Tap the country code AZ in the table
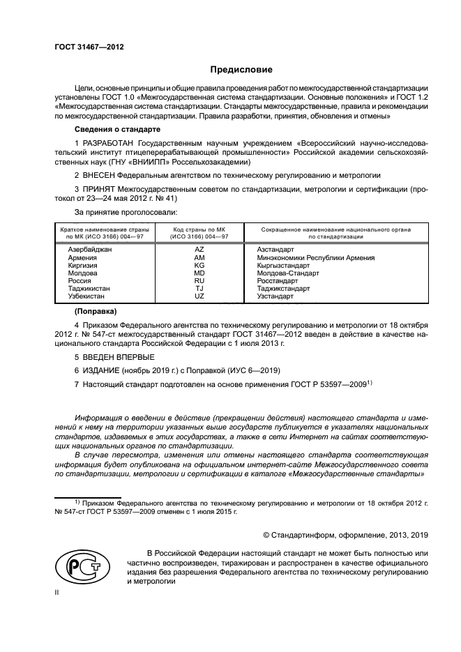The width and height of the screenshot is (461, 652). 199,249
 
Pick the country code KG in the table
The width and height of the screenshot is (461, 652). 199,266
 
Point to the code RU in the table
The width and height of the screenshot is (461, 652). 199,281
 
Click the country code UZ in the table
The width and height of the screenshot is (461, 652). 199,296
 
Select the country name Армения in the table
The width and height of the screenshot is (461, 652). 83,257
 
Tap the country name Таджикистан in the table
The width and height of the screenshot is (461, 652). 89,289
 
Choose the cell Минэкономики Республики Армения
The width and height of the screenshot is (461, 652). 315,257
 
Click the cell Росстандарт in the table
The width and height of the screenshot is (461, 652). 277,281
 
